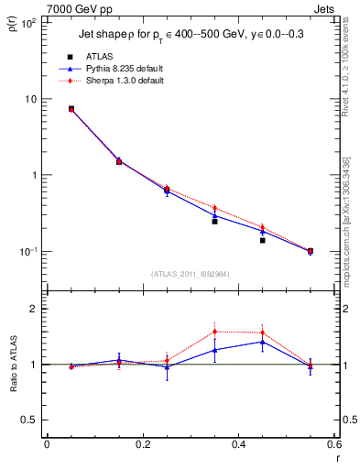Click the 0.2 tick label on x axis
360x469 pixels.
[x=142, y=444]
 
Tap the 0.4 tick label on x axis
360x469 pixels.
[x=238, y=444]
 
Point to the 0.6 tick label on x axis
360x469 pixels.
[x=333, y=444]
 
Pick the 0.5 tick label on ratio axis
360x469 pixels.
[x=29, y=420]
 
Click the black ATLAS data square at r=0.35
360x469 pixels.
[x=214, y=221]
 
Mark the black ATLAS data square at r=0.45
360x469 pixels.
[x=262, y=240]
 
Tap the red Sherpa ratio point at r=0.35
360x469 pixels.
[x=214, y=332]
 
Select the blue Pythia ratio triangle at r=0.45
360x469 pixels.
[x=262, y=342]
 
